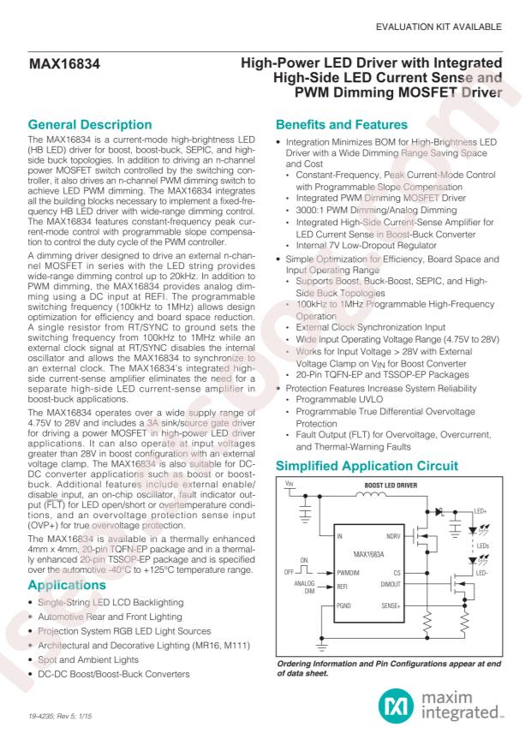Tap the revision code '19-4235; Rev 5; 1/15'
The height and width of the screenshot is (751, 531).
coord(62,724)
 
